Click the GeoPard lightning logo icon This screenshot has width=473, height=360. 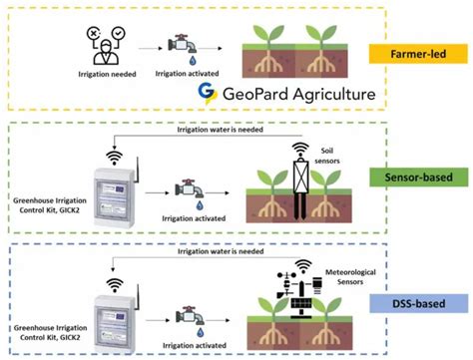207,93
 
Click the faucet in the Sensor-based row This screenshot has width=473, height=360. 188,189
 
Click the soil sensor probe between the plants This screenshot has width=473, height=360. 297,180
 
